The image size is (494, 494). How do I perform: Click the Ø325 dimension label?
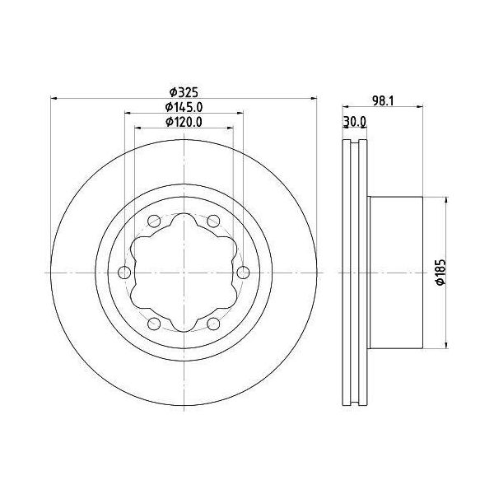pyautogui.click(x=184, y=92)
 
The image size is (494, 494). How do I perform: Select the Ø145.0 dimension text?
pyautogui.click(x=184, y=107)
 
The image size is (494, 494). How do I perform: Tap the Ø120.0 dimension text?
pyautogui.click(x=184, y=122)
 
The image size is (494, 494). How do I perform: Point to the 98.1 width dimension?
pyautogui.click(x=383, y=100)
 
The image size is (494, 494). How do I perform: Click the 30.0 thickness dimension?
pyautogui.click(x=355, y=121)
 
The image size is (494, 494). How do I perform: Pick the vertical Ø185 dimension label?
pyautogui.click(x=441, y=273)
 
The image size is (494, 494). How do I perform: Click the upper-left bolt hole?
pyautogui.click(x=154, y=221)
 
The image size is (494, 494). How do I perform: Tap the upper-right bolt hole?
pyautogui.click(x=213, y=221)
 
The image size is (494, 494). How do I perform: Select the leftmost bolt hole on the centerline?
pyautogui.click(x=124, y=273)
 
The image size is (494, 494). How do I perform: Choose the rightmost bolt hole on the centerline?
pyautogui.click(x=243, y=273)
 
